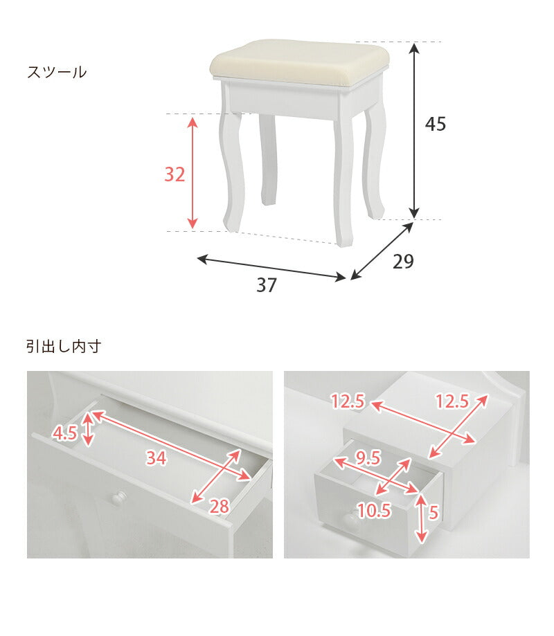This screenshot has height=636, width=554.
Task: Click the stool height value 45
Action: (436, 124)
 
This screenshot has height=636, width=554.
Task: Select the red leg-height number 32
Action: (175, 175)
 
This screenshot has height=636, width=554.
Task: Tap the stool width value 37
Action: (266, 285)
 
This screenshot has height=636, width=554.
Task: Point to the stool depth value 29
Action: (403, 262)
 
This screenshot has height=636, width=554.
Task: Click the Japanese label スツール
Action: (57, 72)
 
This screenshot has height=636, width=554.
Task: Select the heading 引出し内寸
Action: (64, 346)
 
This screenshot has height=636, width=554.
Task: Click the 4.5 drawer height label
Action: (64, 434)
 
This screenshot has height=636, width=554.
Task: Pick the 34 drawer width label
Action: (157, 457)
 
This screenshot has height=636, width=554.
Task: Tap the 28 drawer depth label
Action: (219, 507)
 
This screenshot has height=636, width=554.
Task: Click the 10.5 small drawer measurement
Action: (375, 510)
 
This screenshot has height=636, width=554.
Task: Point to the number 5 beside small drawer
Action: (434, 512)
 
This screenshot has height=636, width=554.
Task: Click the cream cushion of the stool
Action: (299, 61)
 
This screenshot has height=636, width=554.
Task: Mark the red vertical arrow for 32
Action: (193, 173)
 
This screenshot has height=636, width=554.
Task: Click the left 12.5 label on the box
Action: (348, 401)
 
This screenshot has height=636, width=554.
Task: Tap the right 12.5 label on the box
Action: (452, 401)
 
